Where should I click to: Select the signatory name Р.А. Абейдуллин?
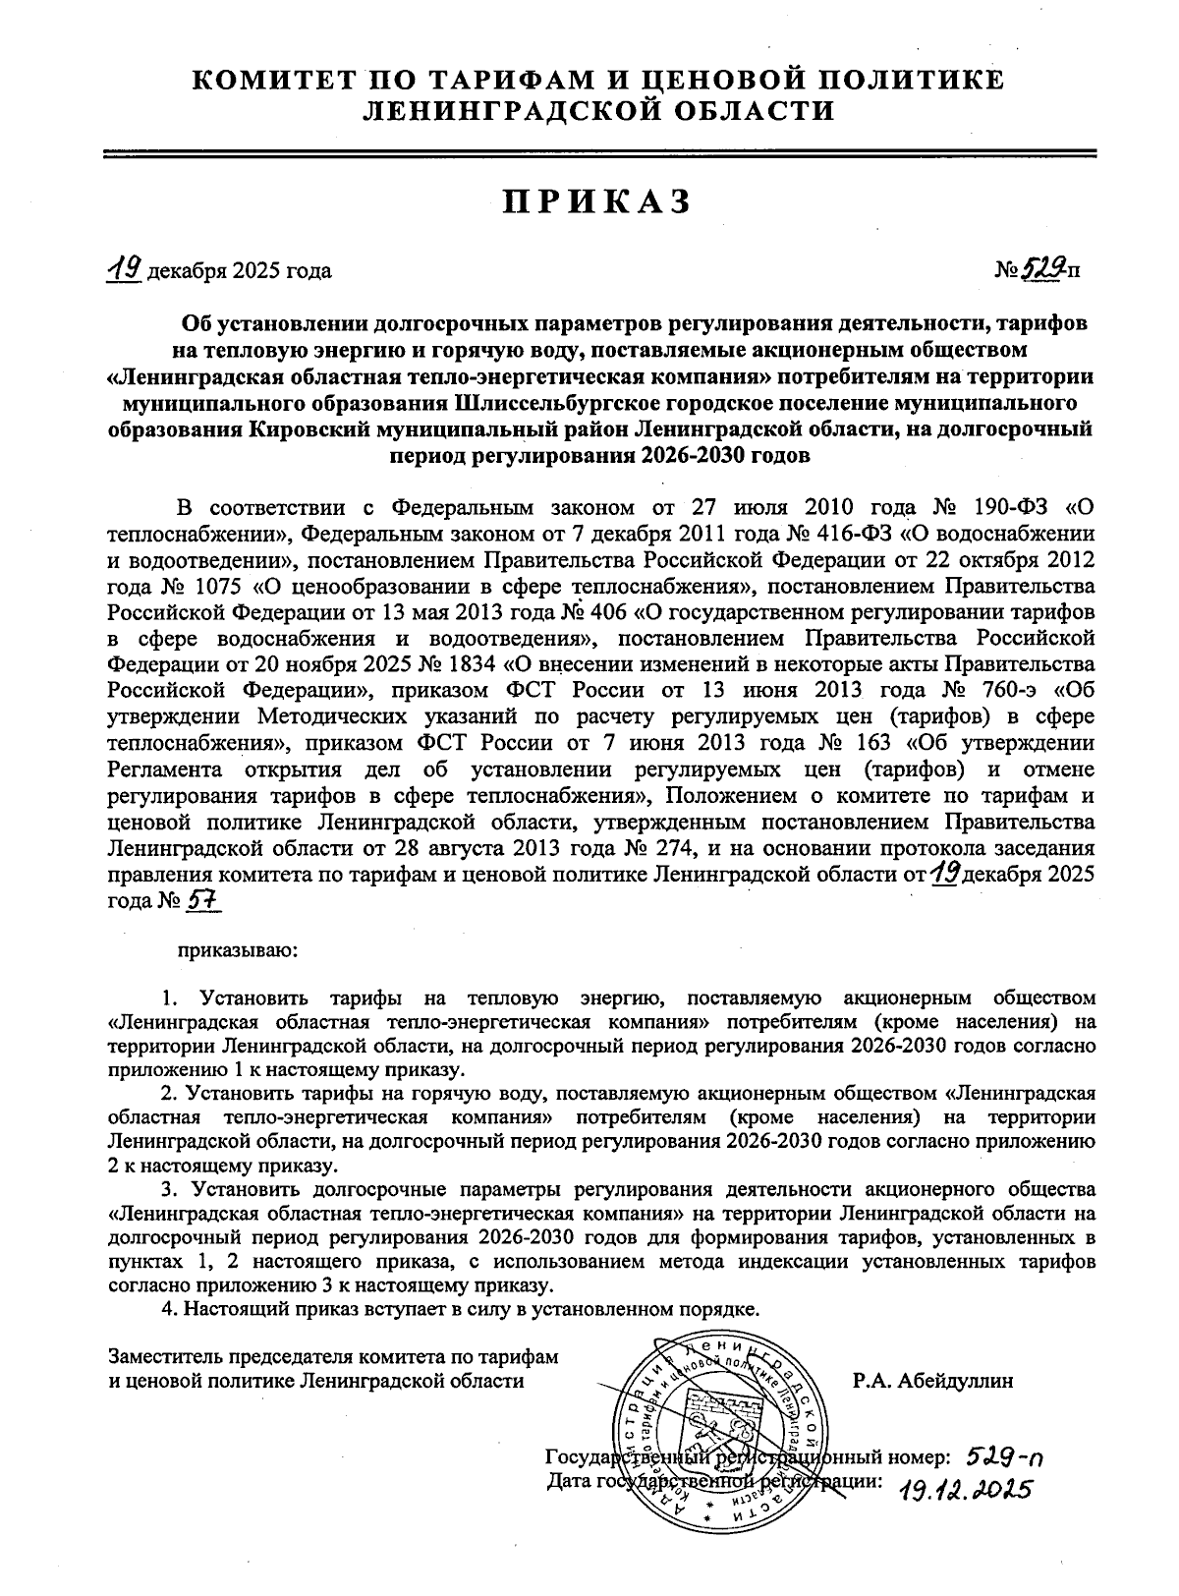click(932, 1381)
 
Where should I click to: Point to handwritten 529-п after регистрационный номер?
click(1004, 1457)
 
